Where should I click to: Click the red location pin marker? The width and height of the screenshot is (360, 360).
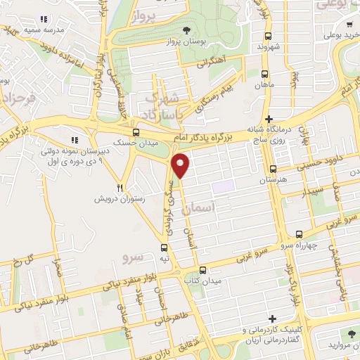pos(181,165)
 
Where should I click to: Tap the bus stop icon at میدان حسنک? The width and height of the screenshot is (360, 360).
pos(136,131)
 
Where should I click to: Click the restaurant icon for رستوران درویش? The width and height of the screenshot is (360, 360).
pos(120,188)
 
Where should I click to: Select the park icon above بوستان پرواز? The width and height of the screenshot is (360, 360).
pos(186,30)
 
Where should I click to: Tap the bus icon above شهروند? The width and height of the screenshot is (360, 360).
pos(267,37)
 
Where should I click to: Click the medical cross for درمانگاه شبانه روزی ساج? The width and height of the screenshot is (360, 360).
pos(269,119)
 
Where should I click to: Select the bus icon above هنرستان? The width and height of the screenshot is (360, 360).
pos(273,169)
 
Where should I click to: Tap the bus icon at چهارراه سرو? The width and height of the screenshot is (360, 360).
pos(299,235)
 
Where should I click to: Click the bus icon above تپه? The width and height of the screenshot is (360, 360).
pos(164,247)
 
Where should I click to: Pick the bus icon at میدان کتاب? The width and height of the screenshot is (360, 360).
pos(202,270)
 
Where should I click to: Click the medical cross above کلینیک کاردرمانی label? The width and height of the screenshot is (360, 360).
pos(271,319)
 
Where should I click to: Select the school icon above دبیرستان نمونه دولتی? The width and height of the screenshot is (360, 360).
pos(75,139)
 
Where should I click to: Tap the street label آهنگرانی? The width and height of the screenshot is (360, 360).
pos(212,62)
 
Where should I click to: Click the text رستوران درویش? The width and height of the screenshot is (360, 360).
pos(94,199)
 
